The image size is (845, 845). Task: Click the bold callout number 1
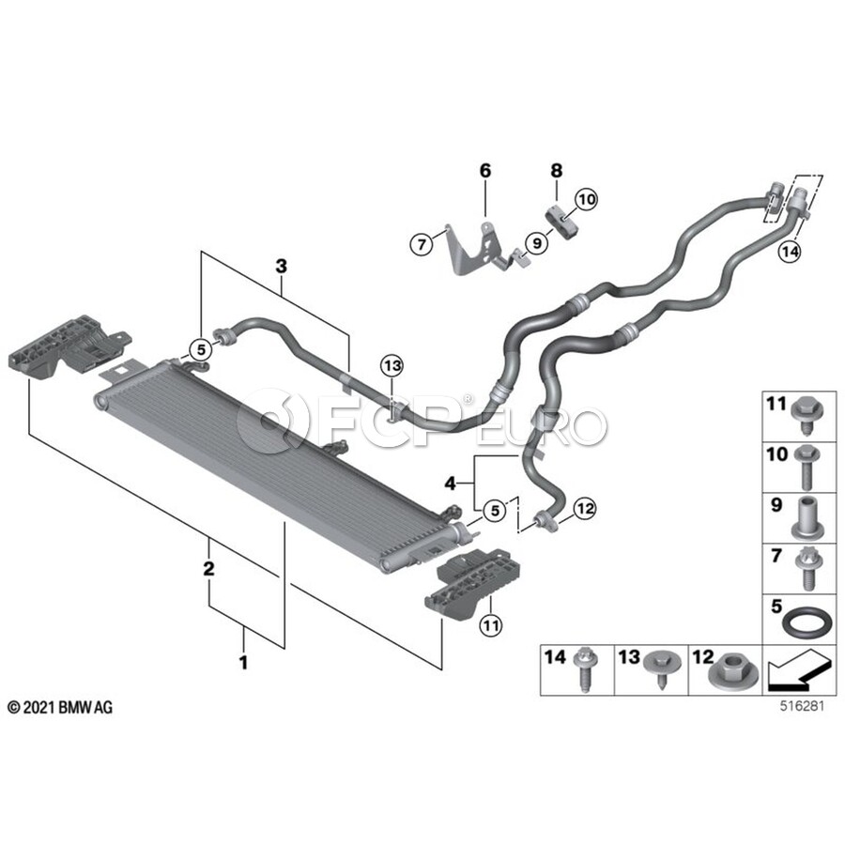(x=243, y=664)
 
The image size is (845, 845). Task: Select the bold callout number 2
(x=208, y=568)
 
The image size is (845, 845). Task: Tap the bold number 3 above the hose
(x=280, y=268)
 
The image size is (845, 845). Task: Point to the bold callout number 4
(x=451, y=483)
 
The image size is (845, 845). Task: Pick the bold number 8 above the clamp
(x=556, y=170)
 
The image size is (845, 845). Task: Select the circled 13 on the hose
(x=391, y=364)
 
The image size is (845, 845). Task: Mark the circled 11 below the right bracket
(x=489, y=622)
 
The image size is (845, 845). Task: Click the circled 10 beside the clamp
(x=586, y=199)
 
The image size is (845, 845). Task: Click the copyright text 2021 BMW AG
(x=60, y=707)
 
